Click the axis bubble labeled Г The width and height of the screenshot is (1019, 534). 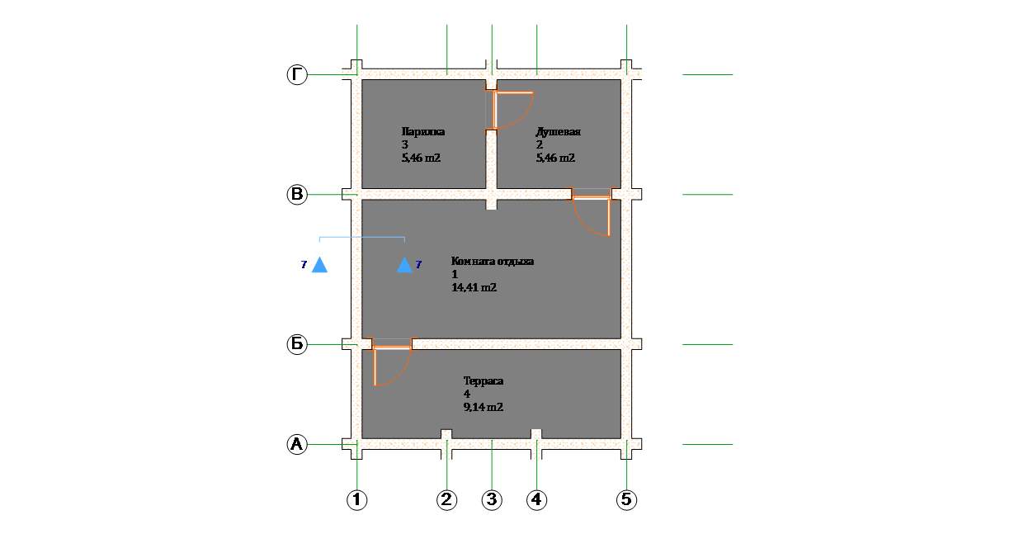click(x=297, y=74)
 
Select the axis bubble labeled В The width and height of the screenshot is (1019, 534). click(x=297, y=195)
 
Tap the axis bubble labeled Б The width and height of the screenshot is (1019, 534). click(x=297, y=344)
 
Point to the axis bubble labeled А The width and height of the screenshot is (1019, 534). click(x=297, y=444)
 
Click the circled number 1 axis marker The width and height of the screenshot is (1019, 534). click(x=357, y=500)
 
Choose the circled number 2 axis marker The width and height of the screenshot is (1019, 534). click(x=446, y=500)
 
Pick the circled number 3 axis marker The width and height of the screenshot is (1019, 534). click(x=492, y=500)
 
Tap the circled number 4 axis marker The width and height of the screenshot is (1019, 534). click(x=537, y=500)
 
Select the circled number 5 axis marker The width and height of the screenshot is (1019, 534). click(x=626, y=500)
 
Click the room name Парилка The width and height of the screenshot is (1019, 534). click(x=423, y=131)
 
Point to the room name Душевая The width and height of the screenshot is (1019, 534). click(x=558, y=132)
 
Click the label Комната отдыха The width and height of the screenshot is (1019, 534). click(x=493, y=261)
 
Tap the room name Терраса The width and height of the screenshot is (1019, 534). click(x=484, y=380)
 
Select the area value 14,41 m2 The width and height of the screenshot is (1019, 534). click(x=474, y=287)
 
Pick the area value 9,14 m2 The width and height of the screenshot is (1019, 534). click(x=484, y=407)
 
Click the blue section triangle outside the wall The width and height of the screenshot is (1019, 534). click(x=319, y=265)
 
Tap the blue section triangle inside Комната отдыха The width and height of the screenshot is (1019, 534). click(x=404, y=265)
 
